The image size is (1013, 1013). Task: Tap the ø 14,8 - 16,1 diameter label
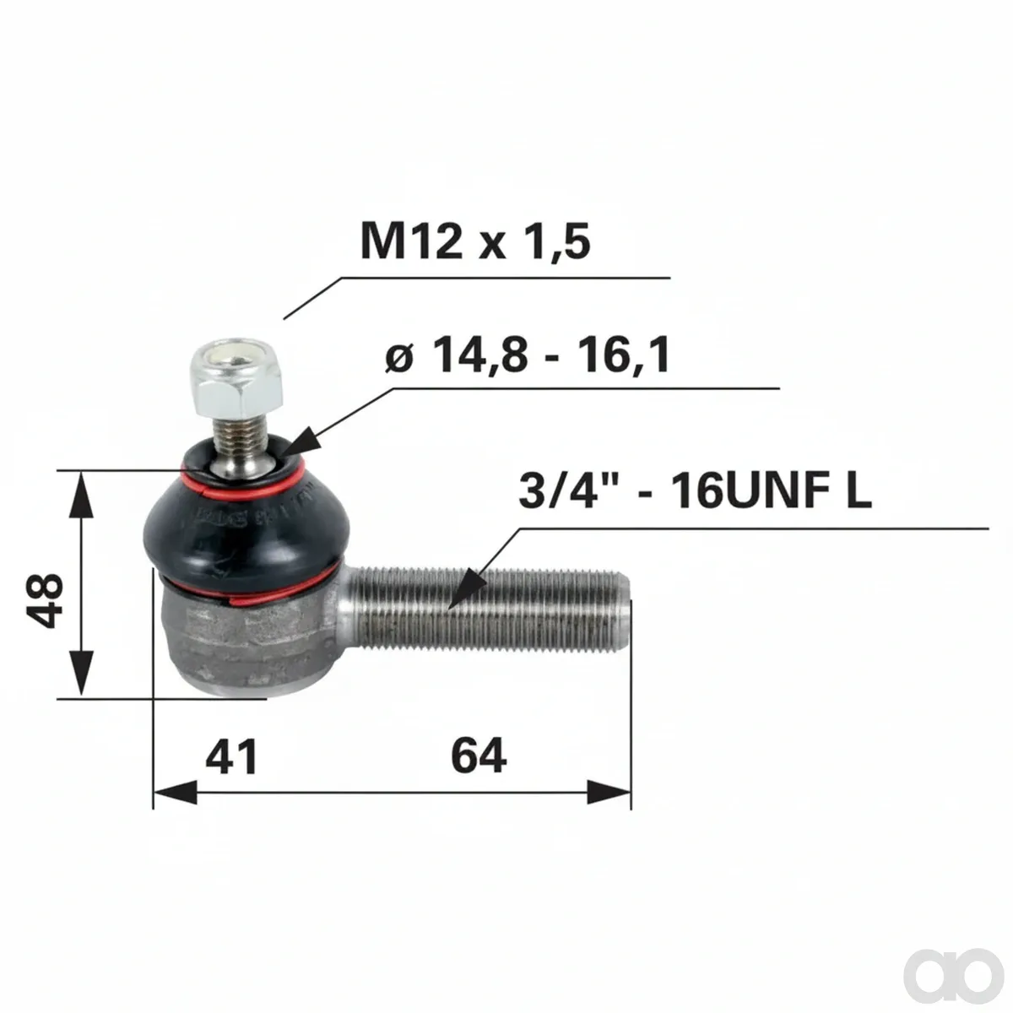[528, 355]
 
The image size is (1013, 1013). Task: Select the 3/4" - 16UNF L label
[695, 490]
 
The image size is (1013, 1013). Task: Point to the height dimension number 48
[46, 600]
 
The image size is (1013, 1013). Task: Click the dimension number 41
[232, 756]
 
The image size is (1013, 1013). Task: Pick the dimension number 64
[479, 755]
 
